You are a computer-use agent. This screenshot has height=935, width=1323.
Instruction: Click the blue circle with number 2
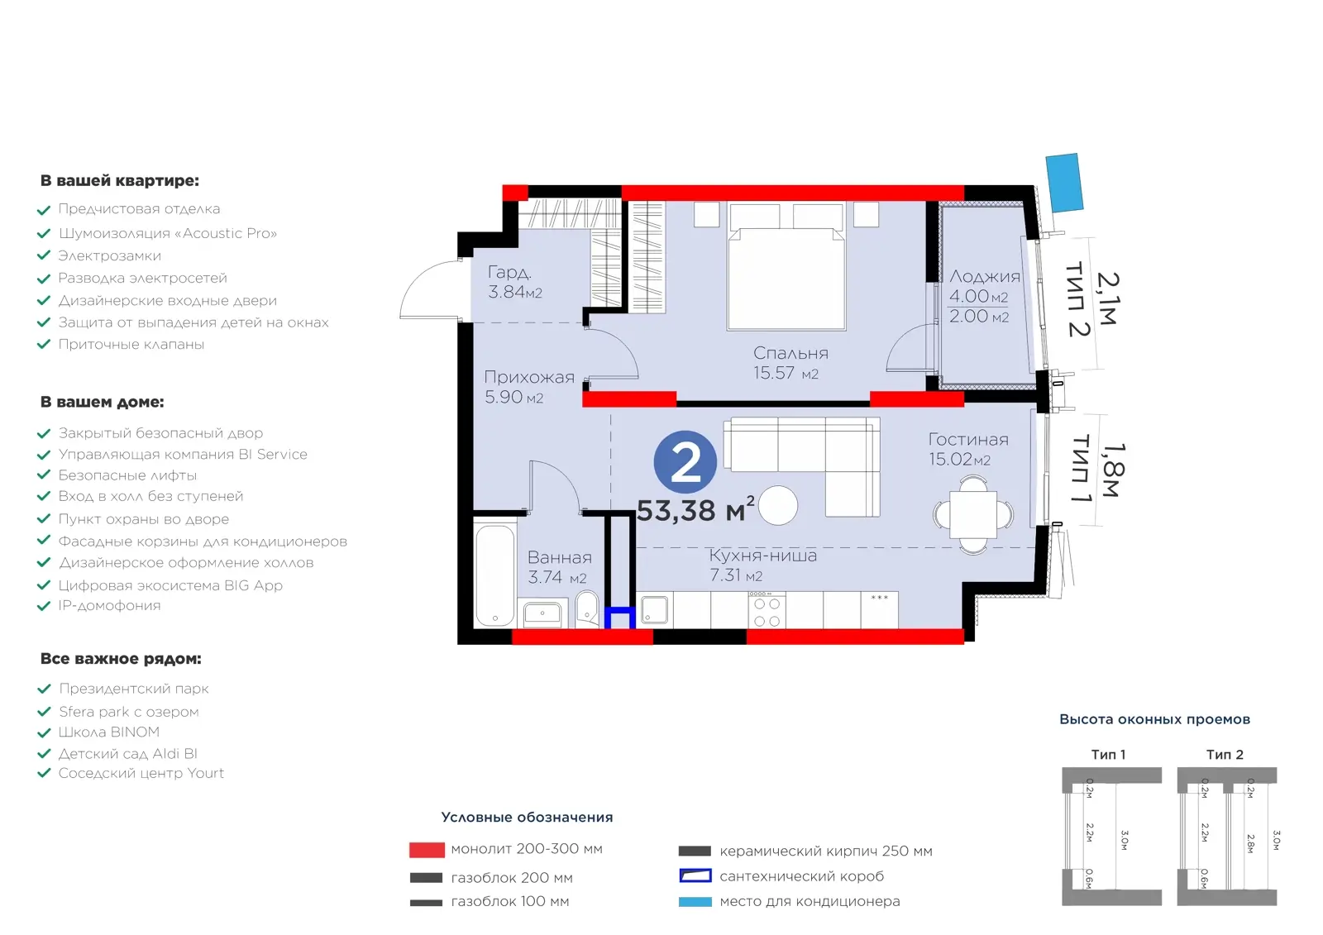tap(685, 462)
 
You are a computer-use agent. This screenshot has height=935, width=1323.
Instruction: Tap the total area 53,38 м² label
tap(695, 510)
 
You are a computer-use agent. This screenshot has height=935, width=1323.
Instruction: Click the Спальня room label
tap(790, 353)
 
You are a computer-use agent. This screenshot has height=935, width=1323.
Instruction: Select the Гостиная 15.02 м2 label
tap(968, 449)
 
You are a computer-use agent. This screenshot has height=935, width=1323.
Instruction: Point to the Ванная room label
tap(559, 557)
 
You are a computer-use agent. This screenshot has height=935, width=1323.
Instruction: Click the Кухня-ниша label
tap(762, 556)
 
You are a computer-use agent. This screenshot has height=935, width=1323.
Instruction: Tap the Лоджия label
tap(985, 276)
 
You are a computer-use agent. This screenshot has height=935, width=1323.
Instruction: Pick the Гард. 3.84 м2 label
tap(515, 282)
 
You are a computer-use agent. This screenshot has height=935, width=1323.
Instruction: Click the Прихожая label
tap(529, 377)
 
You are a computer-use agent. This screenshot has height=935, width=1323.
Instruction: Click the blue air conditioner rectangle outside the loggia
tap(1064, 183)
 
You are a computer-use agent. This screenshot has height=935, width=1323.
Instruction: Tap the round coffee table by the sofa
tap(778, 505)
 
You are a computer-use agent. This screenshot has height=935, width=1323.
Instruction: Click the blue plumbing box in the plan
tap(619, 618)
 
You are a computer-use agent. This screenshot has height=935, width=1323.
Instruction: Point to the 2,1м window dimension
tap(1107, 298)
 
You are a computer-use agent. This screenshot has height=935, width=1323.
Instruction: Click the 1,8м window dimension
tap(1114, 470)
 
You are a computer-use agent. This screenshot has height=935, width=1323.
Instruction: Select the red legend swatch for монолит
tap(427, 849)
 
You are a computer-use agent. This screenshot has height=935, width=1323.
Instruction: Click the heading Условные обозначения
tap(527, 817)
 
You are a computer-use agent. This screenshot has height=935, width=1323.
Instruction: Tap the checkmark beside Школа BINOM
tap(44, 733)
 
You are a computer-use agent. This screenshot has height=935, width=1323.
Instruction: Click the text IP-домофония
tap(109, 605)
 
